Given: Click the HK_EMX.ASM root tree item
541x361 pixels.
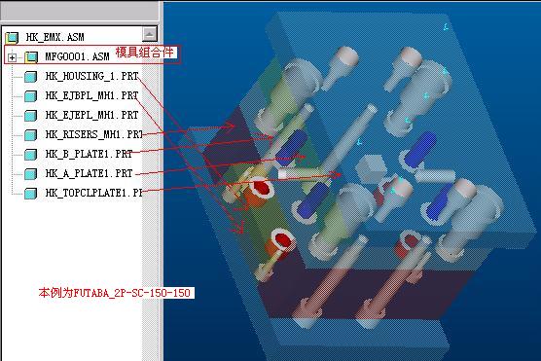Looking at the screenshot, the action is click(x=54, y=37).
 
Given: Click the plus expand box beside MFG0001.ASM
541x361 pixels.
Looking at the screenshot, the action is click(x=12, y=57).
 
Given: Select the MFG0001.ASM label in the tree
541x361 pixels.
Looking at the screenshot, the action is click(x=77, y=56).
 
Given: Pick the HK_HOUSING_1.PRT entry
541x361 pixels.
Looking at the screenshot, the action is click(x=91, y=76).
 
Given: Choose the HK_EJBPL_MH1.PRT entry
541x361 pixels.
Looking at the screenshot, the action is click(x=91, y=95).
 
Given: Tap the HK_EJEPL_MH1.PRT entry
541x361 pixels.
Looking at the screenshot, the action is click(x=91, y=115).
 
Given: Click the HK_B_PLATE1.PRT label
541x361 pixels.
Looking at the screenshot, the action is click(x=89, y=154).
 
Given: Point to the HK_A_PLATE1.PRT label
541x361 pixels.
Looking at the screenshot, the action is click(x=89, y=173).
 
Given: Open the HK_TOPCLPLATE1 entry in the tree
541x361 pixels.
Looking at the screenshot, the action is click(x=93, y=193).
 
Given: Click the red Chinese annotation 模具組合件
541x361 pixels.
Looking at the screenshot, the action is click(x=145, y=53).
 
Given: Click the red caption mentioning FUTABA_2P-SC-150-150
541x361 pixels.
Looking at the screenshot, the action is click(x=115, y=293).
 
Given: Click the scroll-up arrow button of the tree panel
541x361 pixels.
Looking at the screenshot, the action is click(x=150, y=34).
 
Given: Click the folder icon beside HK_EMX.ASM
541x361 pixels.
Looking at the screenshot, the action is click(x=12, y=37).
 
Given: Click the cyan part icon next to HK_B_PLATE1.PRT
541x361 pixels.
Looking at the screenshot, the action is click(x=31, y=155).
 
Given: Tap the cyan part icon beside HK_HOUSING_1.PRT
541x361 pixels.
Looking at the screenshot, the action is click(x=31, y=76).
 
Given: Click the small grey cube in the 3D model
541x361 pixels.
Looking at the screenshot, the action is click(x=371, y=168).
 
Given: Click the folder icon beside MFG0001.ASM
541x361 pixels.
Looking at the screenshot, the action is click(x=31, y=57).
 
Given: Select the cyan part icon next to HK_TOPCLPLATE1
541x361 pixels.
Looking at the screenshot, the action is click(x=31, y=194).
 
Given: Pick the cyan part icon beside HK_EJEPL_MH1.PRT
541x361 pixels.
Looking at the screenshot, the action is click(x=31, y=115).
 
